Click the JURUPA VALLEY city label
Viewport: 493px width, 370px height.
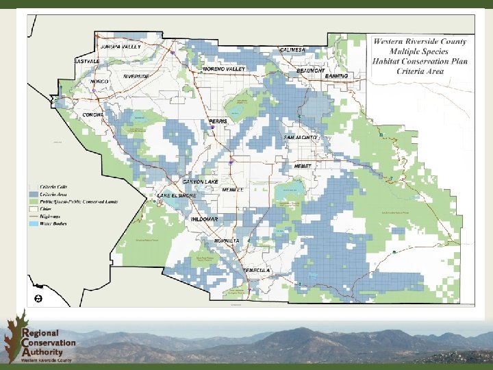[x=121, y=46]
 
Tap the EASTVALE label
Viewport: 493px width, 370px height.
[x=87, y=61]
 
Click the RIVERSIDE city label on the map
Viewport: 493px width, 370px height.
[x=137, y=76]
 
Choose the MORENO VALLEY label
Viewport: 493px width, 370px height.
[x=224, y=69]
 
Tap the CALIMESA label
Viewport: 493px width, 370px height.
[x=293, y=50]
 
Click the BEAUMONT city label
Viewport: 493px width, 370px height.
[x=310, y=71]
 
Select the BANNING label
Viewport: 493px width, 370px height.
[x=336, y=75]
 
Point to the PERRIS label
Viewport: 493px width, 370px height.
[x=218, y=121]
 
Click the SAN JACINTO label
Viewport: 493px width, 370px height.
[x=301, y=138]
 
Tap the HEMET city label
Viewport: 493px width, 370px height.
[x=303, y=166]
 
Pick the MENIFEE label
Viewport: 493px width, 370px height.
[x=233, y=190]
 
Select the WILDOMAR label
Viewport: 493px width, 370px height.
[x=205, y=219]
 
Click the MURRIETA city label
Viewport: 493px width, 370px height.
[x=227, y=241]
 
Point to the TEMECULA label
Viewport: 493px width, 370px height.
[x=257, y=271]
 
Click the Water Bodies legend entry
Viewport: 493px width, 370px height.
[x=52, y=223]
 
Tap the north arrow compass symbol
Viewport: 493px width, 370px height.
[x=38, y=299]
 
